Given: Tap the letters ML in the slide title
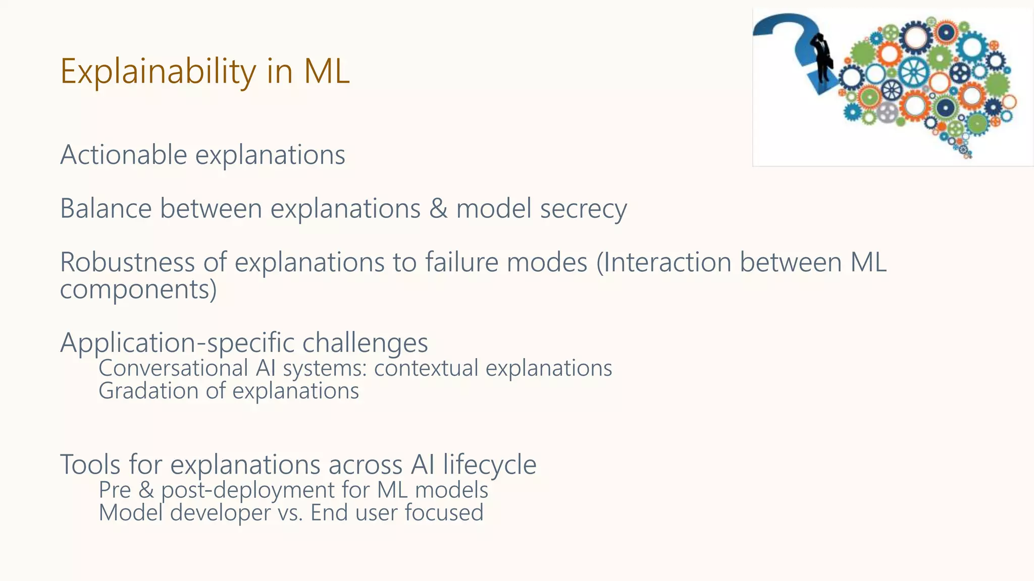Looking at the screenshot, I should (326, 72).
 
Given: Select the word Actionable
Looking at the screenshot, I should (123, 154).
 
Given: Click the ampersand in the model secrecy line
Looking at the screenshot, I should (438, 208).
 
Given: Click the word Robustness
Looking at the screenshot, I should (127, 262).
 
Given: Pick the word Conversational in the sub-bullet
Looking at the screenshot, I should (173, 368).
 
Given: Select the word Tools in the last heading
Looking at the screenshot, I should (90, 464).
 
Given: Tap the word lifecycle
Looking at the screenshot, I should (489, 464).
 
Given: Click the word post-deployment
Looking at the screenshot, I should (247, 490).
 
